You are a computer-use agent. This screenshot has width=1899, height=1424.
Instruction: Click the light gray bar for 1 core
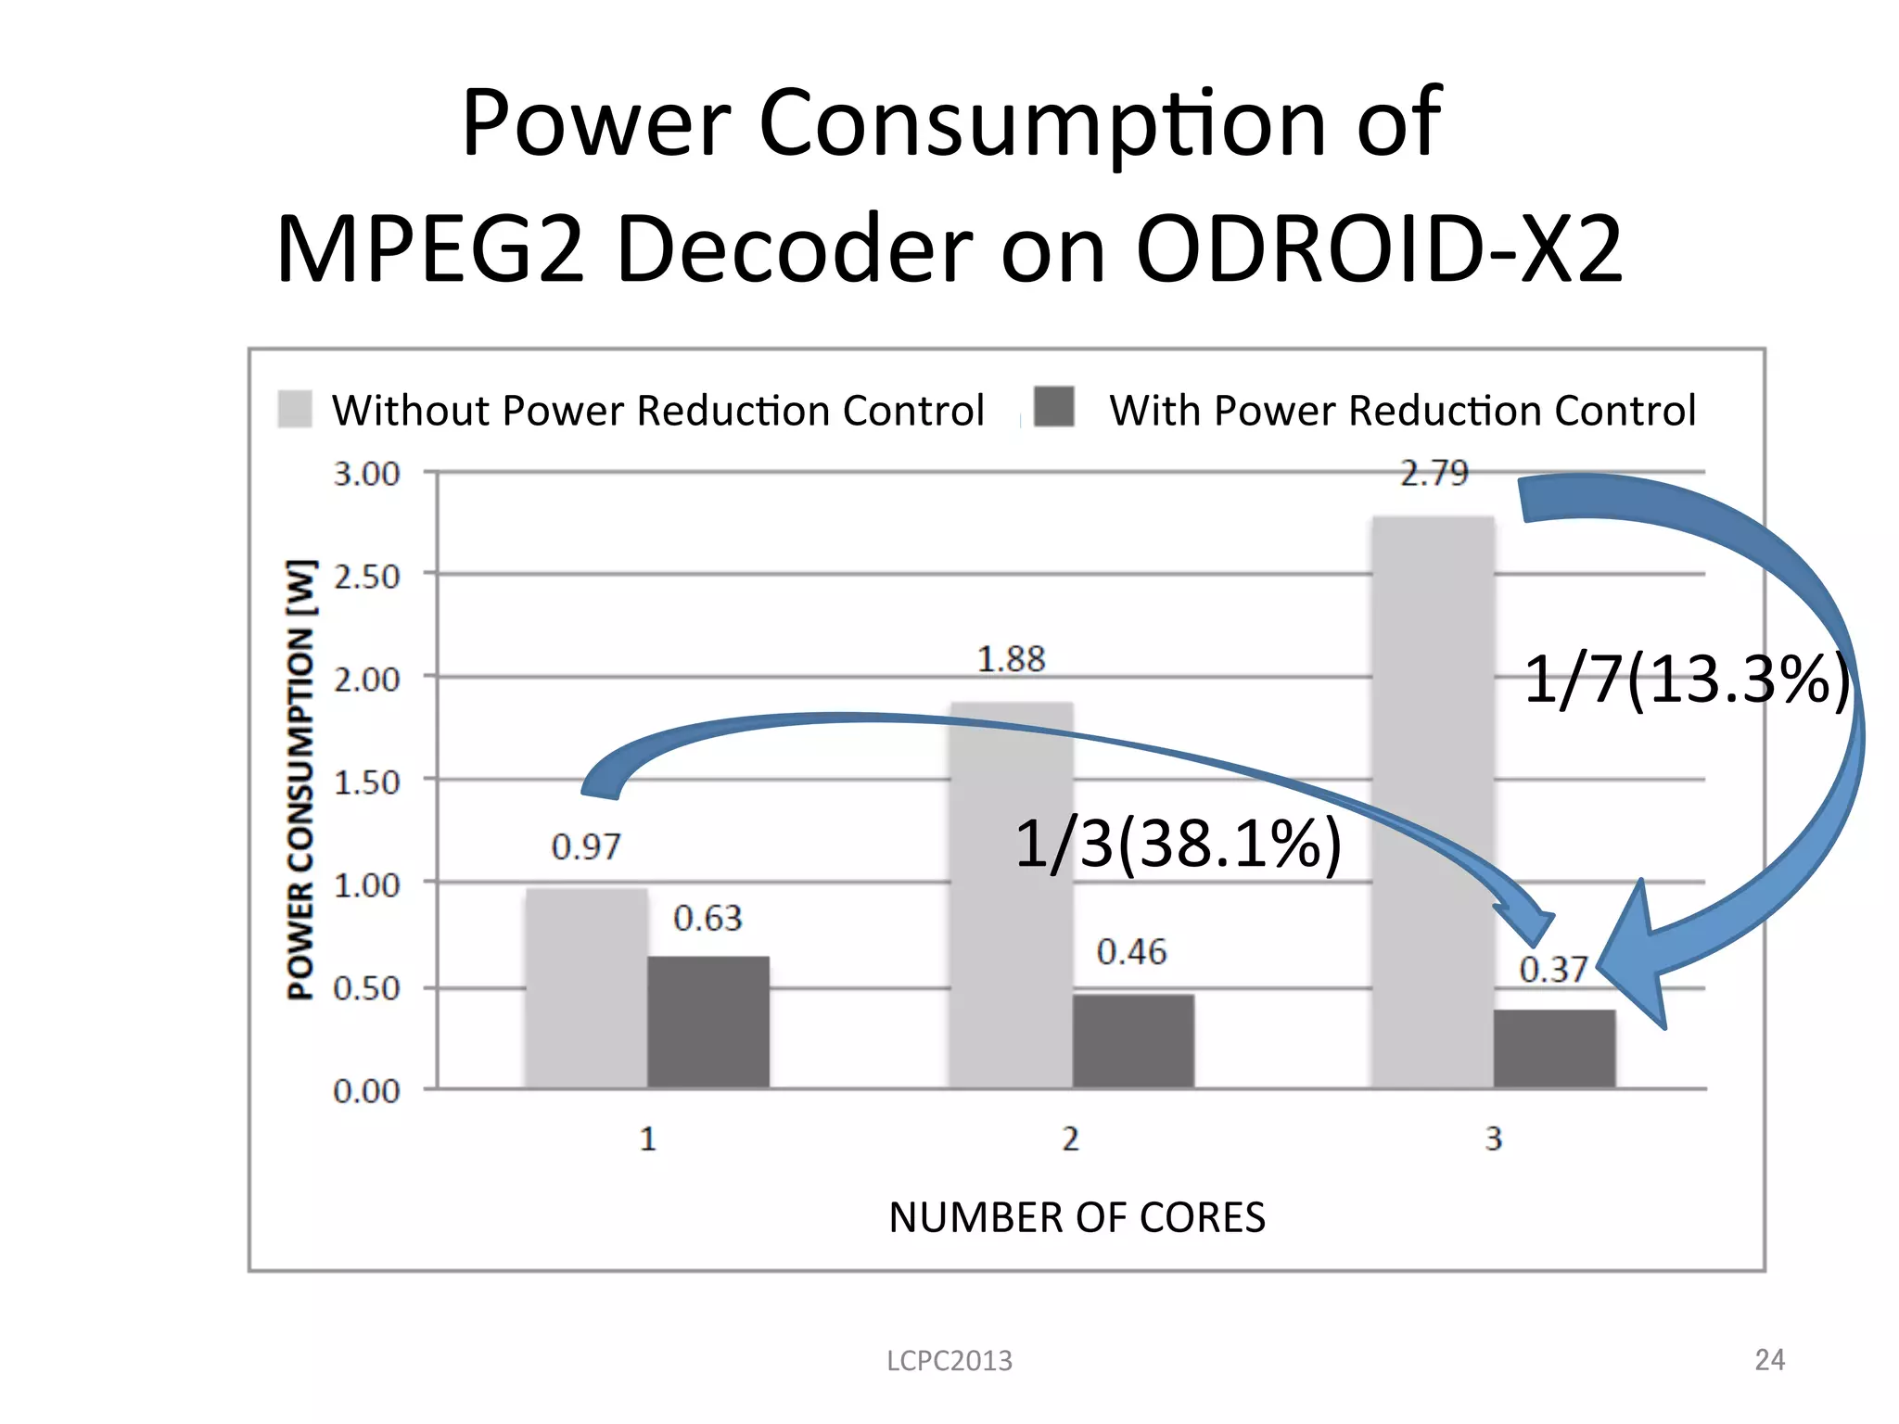point(586,988)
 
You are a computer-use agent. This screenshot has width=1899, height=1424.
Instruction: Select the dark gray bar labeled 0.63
point(708,1022)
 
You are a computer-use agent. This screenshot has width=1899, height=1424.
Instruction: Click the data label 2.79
point(1434,474)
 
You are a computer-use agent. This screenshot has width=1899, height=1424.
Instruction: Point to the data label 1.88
point(1011,659)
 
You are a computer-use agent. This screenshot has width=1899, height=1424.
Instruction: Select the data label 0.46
point(1131,952)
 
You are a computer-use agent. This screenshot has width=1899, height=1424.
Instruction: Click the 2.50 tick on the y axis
point(367,577)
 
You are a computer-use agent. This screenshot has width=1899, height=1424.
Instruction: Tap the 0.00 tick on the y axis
point(367,1091)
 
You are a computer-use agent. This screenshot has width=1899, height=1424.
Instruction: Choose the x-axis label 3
point(1493,1138)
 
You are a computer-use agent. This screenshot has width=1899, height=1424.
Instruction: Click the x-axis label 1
point(648,1138)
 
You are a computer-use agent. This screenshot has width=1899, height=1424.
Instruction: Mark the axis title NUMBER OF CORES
point(1077,1217)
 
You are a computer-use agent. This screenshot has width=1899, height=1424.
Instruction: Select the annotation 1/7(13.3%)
point(1686,680)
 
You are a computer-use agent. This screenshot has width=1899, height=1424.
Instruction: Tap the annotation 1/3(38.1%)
point(1178,844)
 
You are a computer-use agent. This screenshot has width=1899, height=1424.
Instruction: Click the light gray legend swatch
point(295,409)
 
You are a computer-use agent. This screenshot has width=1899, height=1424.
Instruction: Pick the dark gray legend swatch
point(1054,407)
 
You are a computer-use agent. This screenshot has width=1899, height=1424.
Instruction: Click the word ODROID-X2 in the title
point(1379,248)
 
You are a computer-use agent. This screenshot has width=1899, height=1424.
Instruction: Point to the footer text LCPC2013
point(949,1360)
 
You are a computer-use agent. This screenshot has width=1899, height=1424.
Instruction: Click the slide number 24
point(1769,1359)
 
